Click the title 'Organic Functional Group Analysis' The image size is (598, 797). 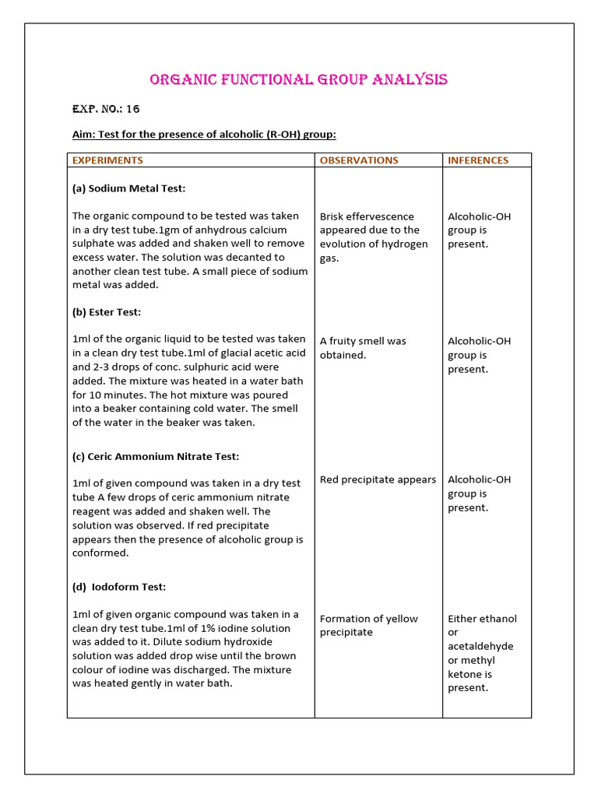298,79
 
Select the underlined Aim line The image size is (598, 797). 204,135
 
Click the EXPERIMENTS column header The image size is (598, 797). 108,160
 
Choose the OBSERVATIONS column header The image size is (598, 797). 359,160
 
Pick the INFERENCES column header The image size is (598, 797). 478,160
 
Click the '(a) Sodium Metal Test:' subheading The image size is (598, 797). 129,188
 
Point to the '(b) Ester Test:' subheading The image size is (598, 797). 107,312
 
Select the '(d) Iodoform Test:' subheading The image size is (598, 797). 119,587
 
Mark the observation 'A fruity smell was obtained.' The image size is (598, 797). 363,348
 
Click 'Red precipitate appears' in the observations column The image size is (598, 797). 378,479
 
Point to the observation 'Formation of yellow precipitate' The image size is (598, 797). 368,625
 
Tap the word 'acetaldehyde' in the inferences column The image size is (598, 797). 480,646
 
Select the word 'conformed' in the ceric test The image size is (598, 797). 100,553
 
